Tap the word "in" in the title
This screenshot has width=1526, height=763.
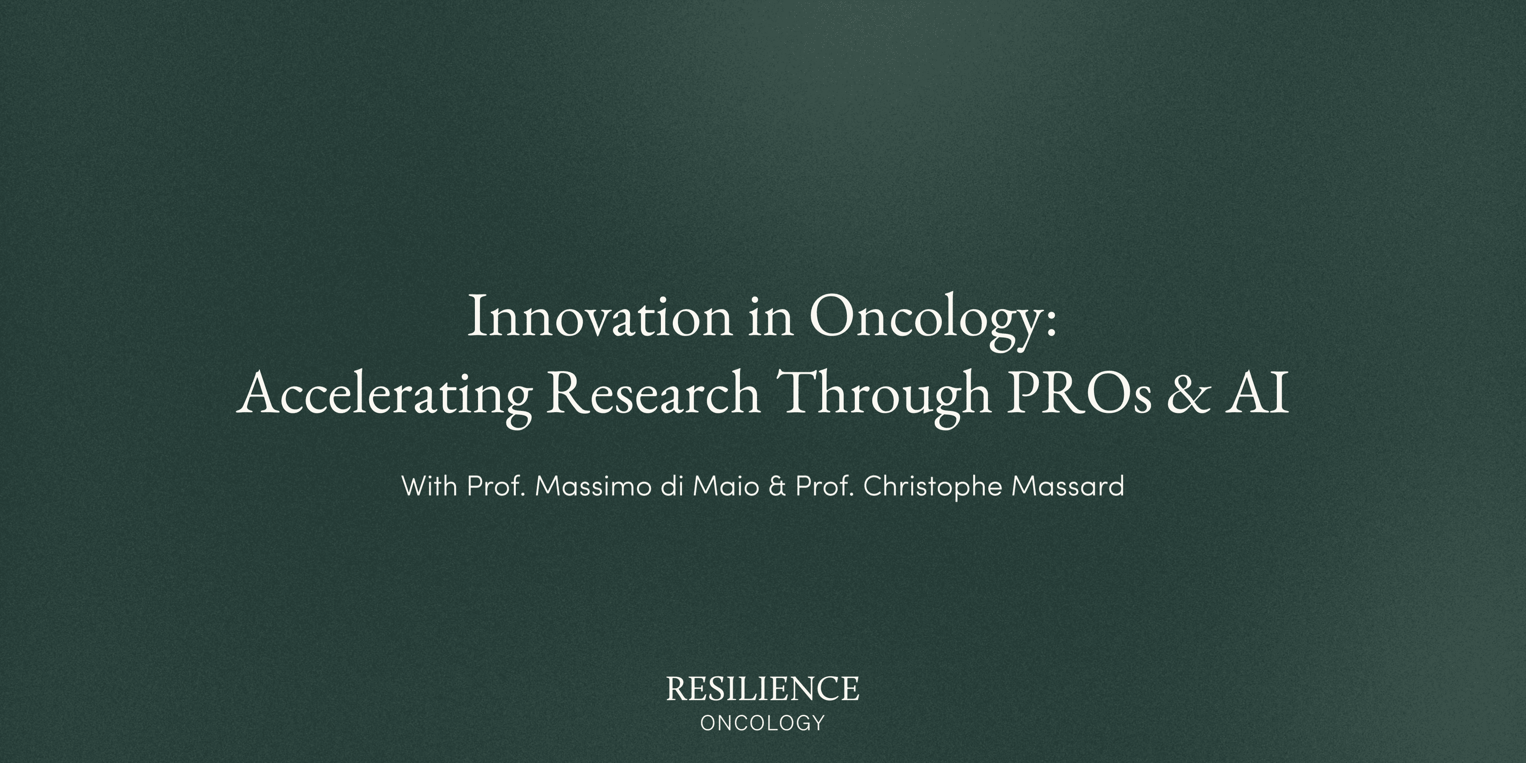click(x=770, y=318)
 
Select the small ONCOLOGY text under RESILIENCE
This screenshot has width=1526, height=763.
click(x=763, y=723)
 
